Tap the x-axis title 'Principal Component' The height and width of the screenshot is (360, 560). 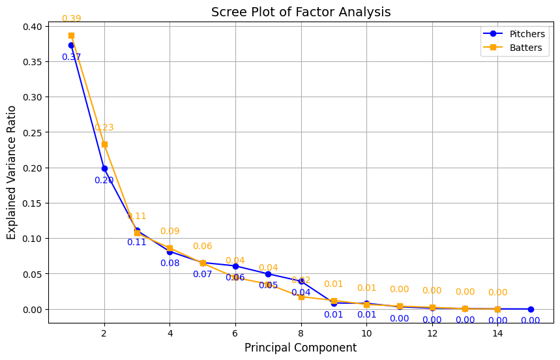pyautogui.click(x=301, y=348)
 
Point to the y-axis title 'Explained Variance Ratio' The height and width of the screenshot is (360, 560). pyautogui.click(x=12, y=174)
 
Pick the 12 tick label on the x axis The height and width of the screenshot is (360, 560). pyautogui.click(x=432, y=333)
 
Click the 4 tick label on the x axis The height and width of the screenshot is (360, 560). pyautogui.click(x=169, y=333)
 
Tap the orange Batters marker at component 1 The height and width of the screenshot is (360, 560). pyautogui.click(x=71, y=35)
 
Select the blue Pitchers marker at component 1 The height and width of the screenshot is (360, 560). pyautogui.click(x=71, y=45)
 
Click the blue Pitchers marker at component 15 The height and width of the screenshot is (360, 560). pyautogui.click(x=531, y=309)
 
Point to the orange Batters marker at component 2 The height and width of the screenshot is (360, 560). pyautogui.click(x=104, y=144)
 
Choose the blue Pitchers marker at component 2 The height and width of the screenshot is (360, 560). pyautogui.click(x=104, y=168)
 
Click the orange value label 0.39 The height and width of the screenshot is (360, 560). pyautogui.click(x=71, y=19)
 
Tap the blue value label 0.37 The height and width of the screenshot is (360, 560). pyautogui.click(x=71, y=57)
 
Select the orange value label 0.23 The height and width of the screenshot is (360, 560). pyautogui.click(x=104, y=128)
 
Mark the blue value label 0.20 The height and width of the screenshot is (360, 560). pyautogui.click(x=104, y=181)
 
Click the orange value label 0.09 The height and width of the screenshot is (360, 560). pyautogui.click(x=169, y=232)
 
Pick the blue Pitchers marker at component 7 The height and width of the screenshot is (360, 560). pyautogui.click(x=268, y=274)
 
